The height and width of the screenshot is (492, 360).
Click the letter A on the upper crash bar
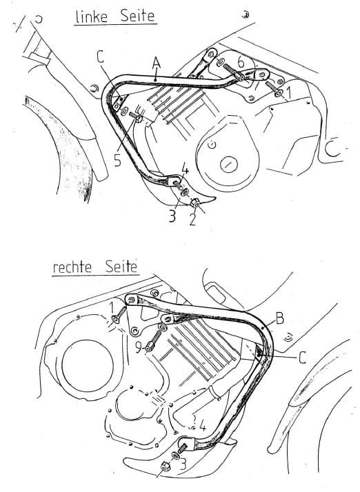(157, 63)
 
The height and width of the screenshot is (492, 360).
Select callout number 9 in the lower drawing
(138, 349)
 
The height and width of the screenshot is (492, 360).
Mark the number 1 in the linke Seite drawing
(290, 90)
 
